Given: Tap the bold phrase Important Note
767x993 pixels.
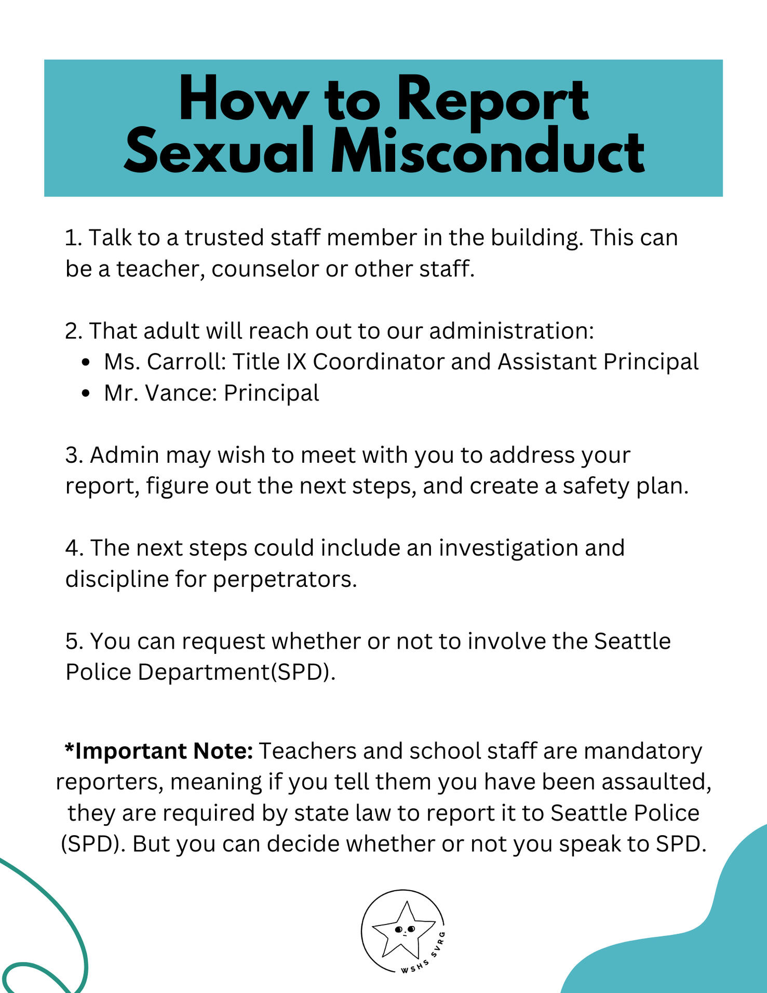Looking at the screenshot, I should coord(159,751).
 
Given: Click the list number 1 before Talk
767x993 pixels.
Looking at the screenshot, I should coord(72,238).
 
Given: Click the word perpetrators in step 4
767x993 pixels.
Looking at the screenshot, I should coord(285,580).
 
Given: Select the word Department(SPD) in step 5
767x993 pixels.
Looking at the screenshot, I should coord(234,673).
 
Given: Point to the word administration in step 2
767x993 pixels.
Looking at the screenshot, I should coord(511,331).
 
